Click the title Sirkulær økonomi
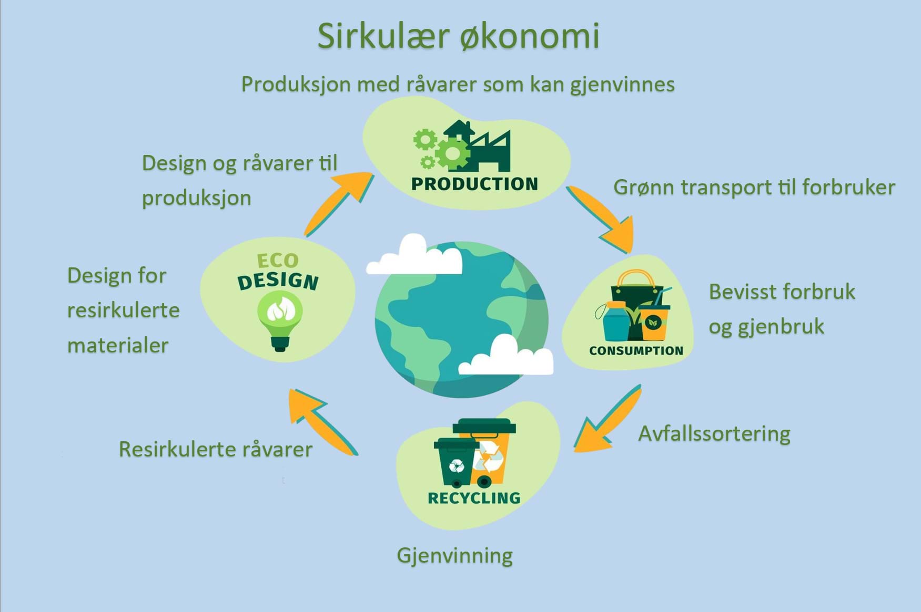click(458, 36)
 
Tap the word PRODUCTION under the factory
click(474, 184)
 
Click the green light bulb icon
click(279, 320)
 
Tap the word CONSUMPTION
click(636, 350)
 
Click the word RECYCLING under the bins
click(474, 498)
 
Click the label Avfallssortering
click(714, 434)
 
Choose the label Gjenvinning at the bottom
click(454, 556)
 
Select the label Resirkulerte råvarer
click(216, 449)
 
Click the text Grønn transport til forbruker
click(754, 188)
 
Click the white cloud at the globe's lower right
click(506, 355)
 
